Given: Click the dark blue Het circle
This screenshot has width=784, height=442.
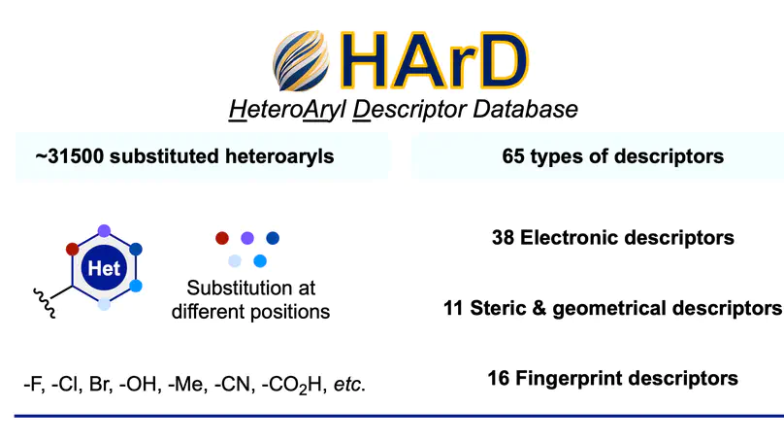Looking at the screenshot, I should click(x=104, y=268).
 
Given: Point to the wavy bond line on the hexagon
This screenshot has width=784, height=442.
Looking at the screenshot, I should click(x=46, y=294).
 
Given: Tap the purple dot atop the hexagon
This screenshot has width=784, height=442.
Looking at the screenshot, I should click(x=105, y=231).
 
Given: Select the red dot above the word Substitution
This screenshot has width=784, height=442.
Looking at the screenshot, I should click(x=222, y=237).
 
